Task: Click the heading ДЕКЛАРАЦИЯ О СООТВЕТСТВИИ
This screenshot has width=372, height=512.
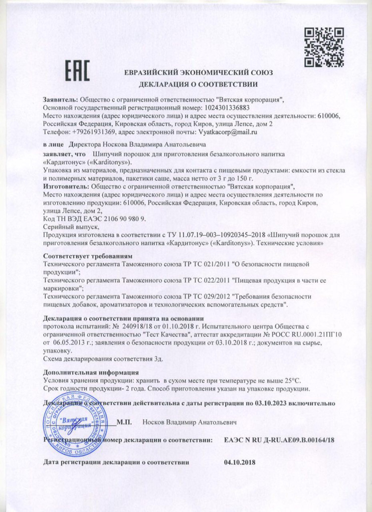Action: click(198, 84)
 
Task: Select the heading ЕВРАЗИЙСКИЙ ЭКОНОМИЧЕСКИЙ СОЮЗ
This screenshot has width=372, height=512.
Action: click(199, 73)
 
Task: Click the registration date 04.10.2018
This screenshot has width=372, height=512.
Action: click(240, 461)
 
